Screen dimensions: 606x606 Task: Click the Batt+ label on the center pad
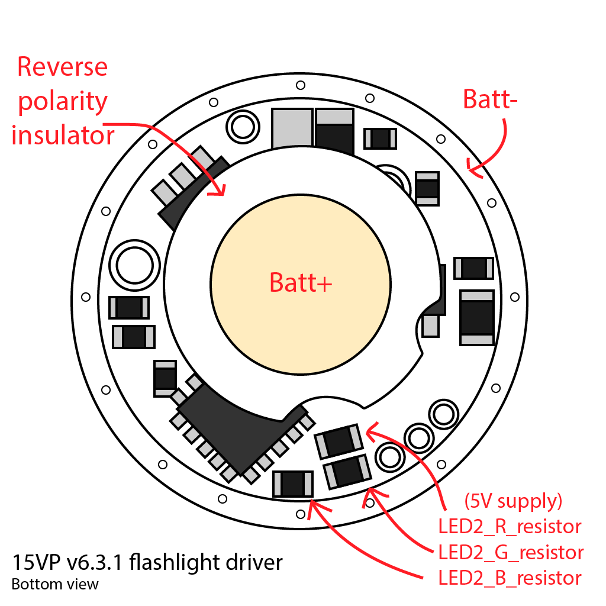pos(301,283)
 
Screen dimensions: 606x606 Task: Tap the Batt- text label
pos(490,99)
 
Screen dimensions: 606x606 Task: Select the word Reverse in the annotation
pos(62,66)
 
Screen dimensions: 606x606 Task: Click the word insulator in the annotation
pos(62,136)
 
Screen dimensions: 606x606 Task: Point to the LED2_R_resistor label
pos(510,526)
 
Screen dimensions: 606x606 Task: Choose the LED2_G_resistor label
pos(511,552)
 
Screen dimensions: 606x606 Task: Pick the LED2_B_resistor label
pos(510,578)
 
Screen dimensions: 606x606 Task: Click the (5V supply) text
pos(512,501)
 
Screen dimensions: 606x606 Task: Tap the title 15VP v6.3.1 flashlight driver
pos(147,562)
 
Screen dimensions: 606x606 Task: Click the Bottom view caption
pos(54,585)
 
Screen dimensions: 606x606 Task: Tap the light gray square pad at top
pos(292,129)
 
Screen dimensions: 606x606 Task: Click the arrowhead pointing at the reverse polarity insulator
pos(220,191)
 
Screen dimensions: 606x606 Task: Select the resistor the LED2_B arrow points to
pos(292,483)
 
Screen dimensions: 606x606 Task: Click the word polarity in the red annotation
pos(62,101)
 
